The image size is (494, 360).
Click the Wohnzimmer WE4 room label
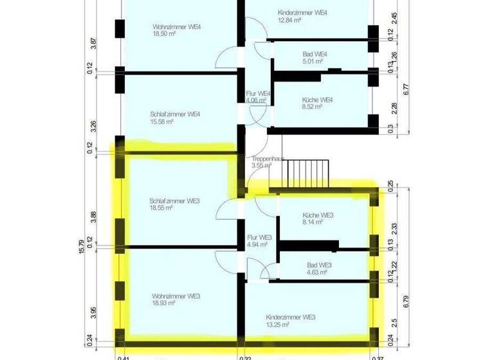[177, 27]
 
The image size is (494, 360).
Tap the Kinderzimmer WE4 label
[302, 13]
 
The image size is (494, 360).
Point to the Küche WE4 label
[316, 100]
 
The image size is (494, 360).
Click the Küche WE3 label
[317, 215]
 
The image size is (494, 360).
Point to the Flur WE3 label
[260, 237]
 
